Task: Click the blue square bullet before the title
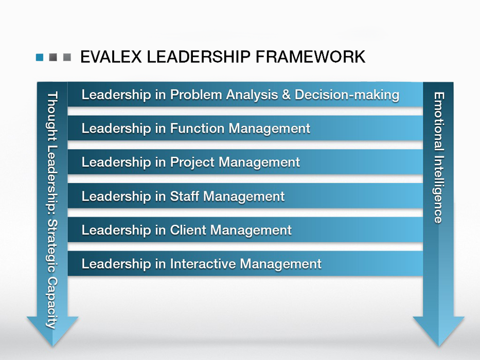(x=40, y=57)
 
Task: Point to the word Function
(x=198, y=128)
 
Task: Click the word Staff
(x=186, y=196)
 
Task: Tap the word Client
(x=188, y=230)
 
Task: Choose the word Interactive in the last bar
(x=203, y=264)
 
